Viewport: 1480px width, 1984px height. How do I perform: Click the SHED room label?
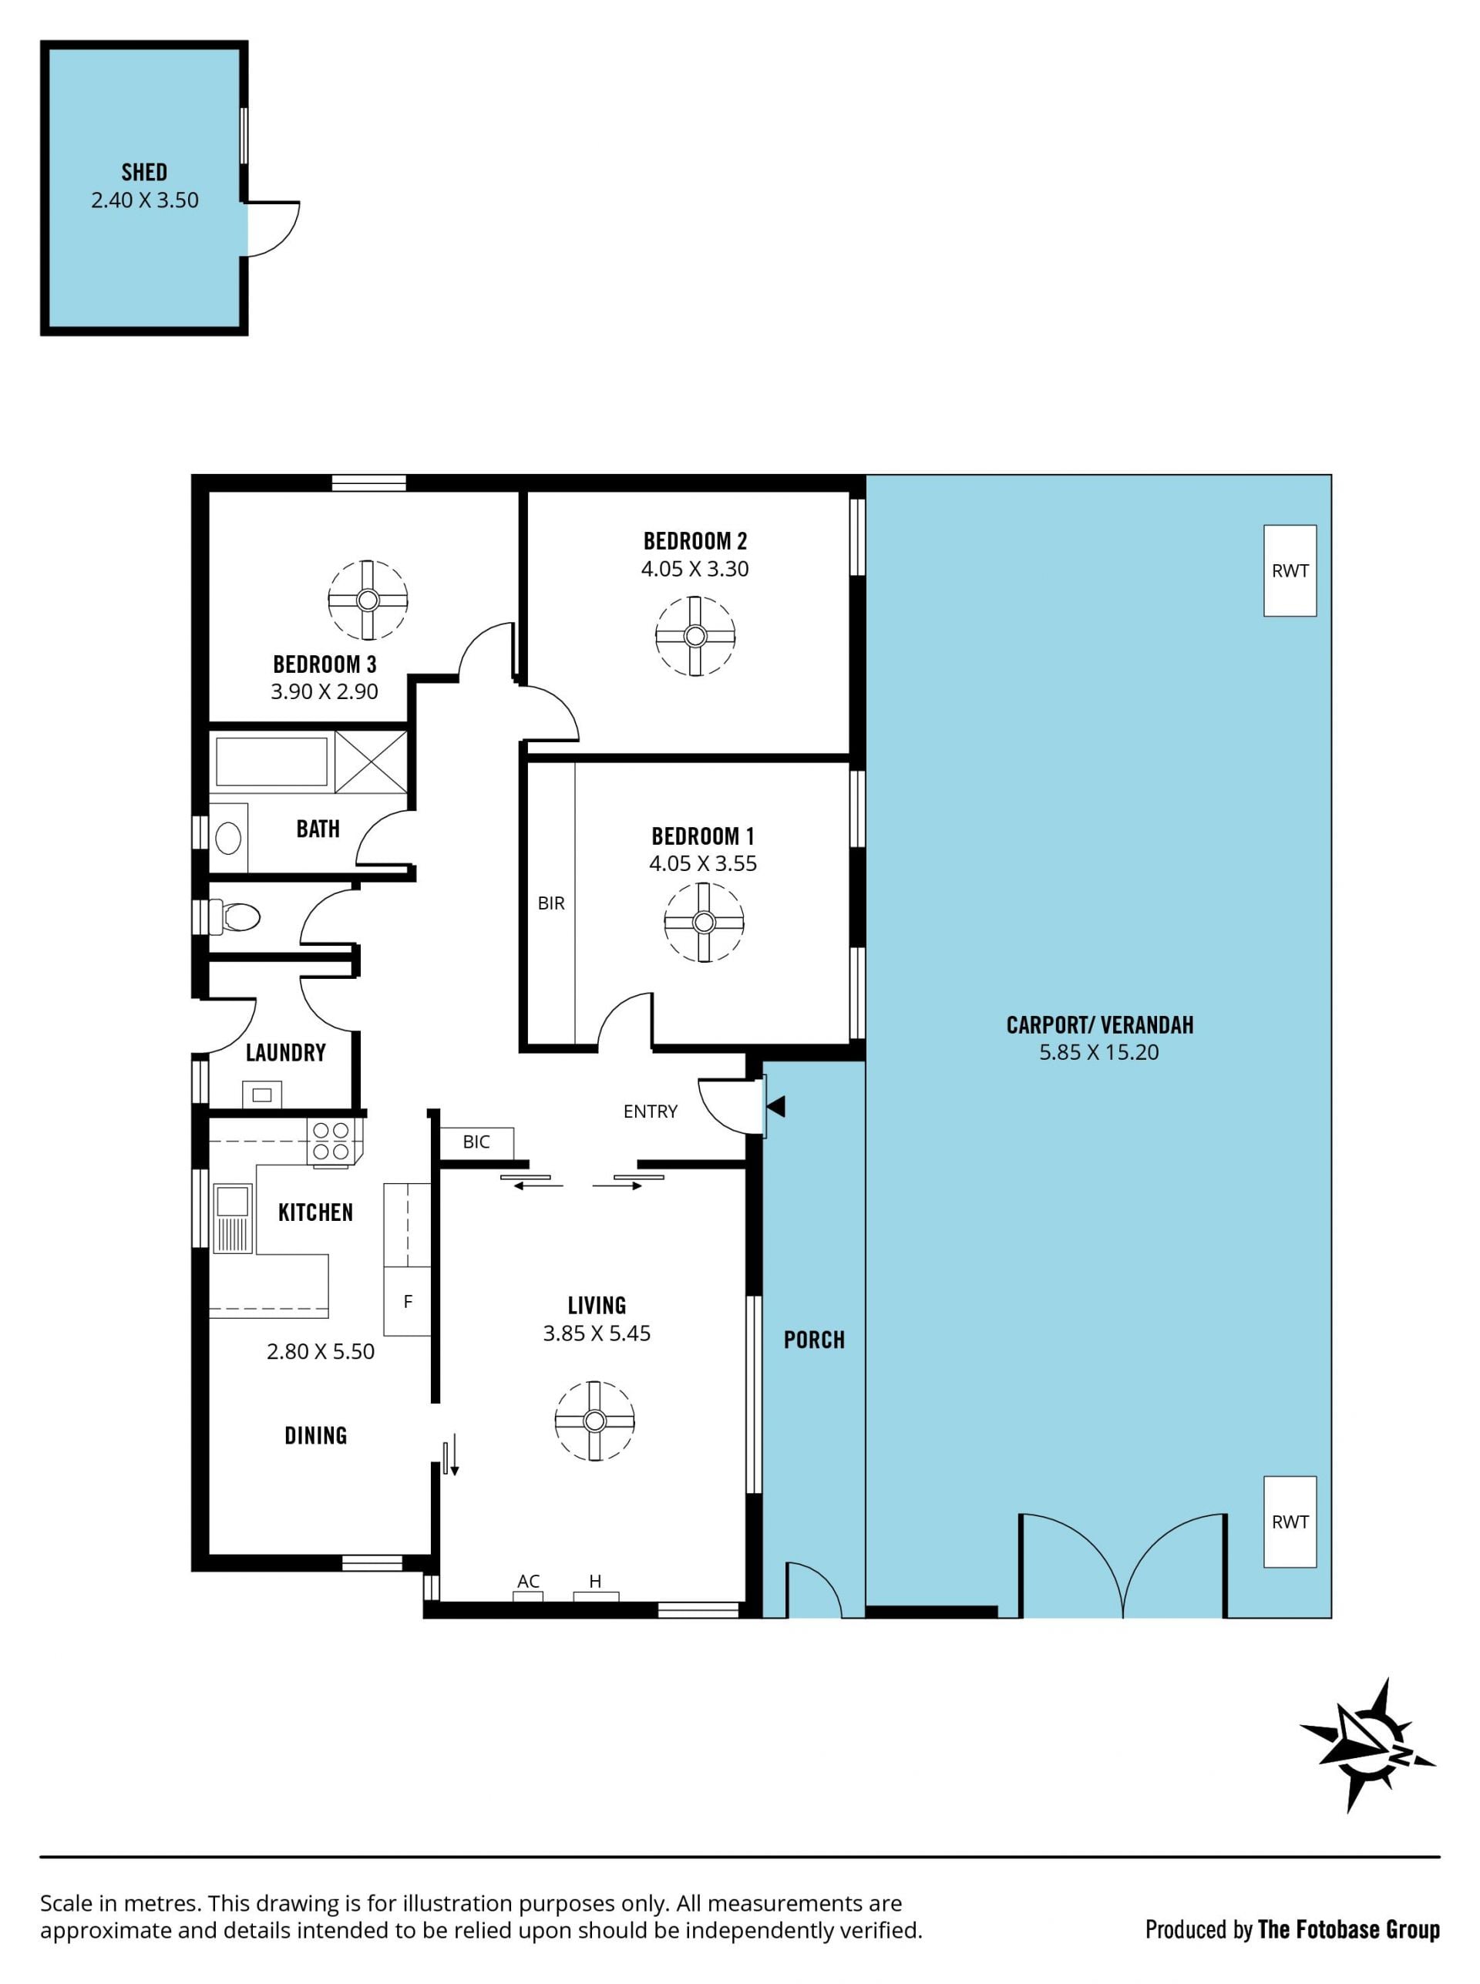[x=144, y=171]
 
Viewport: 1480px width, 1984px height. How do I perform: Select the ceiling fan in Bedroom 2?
[x=695, y=636]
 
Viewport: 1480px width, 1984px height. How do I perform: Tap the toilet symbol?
[x=235, y=916]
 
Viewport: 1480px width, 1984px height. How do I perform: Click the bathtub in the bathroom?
[x=271, y=762]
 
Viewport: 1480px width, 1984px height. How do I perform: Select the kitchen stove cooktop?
[x=331, y=1142]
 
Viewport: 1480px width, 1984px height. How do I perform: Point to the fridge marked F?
[x=408, y=1301]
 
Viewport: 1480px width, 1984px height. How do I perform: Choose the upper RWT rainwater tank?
[x=1290, y=570]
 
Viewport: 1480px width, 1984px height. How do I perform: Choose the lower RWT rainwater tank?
[x=1290, y=1522]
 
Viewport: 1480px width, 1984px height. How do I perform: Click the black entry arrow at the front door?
[x=775, y=1106]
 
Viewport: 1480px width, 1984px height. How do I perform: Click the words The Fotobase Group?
[x=1348, y=1929]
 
